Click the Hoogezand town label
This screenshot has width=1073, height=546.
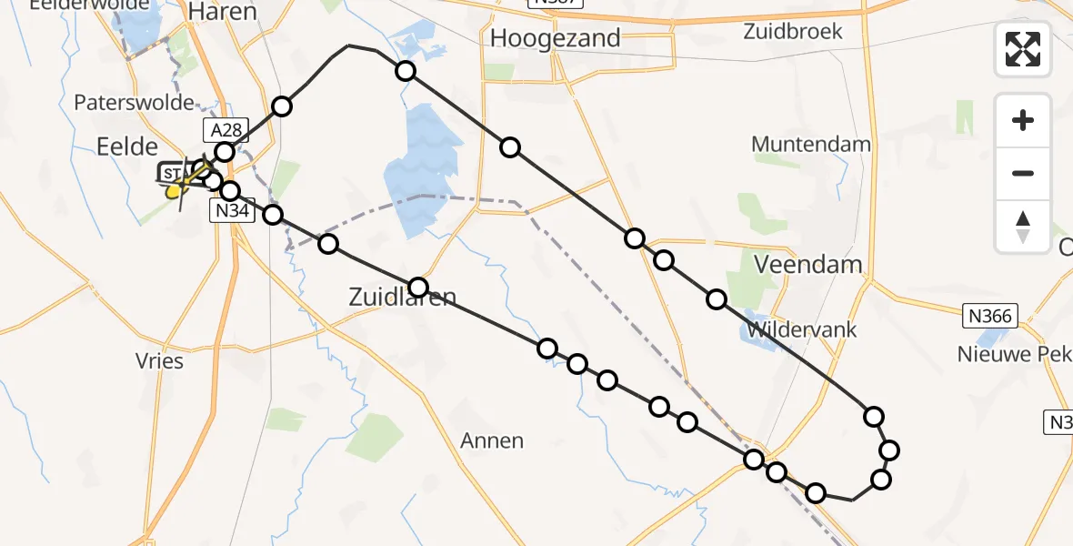[555, 39]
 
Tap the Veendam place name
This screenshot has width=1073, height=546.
[808, 265]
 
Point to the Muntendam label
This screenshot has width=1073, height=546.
[811, 144]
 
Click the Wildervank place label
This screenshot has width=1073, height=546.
[801, 329]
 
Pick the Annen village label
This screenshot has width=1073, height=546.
[492, 441]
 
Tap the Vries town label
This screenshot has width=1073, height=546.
[159, 361]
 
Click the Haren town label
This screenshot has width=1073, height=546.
[222, 13]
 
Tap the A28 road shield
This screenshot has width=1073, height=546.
[226, 130]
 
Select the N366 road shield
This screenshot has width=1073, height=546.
[988, 316]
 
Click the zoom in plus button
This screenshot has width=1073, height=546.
[1023, 120]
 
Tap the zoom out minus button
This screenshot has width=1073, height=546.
[1023, 173]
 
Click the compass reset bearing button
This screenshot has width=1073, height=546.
[1023, 227]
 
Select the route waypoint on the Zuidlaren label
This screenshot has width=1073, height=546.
[417, 288]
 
